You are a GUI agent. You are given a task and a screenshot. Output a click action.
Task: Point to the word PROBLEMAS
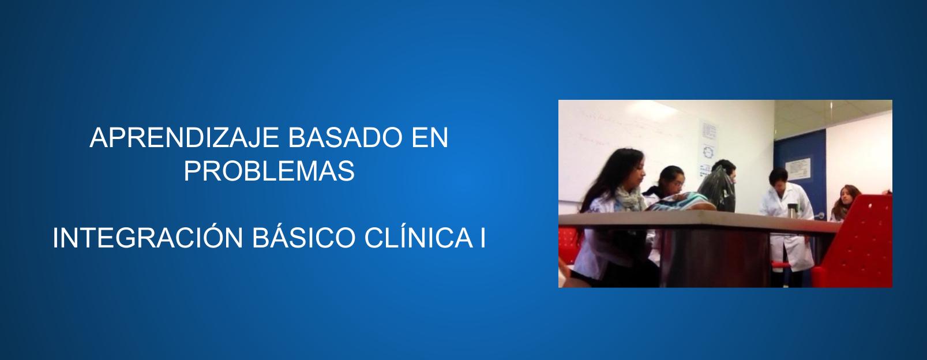pyautogui.click(x=269, y=171)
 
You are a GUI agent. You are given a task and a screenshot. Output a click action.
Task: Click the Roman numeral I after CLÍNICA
pyautogui.click(x=483, y=238)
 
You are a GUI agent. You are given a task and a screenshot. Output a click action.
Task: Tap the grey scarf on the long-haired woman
pyautogui.click(x=629, y=199)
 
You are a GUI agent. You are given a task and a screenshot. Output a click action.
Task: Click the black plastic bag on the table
pyautogui.click(x=717, y=190)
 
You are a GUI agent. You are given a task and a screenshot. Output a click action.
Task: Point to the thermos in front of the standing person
pyautogui.click(x=792, y=212)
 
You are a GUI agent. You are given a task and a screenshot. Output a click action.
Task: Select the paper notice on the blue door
pyautogui.click(x=798, y=169)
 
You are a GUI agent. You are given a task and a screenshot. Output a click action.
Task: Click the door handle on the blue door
pyautogui.click(x=819, y=215)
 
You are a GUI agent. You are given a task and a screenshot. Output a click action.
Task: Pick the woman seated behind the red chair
pyautogui.click(x=845, y=202)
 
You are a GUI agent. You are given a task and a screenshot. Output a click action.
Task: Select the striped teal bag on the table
pyautogui.click(x=679, y=202)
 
